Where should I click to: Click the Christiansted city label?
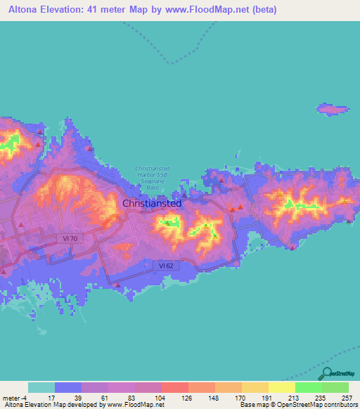point(152,203)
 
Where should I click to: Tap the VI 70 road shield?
point(70,239)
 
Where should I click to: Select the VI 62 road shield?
point(163,265)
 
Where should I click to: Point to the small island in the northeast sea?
point(333,109)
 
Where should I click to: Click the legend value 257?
point(347,397)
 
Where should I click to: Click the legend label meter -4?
point(15,397)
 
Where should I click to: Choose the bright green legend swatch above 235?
point(308,387)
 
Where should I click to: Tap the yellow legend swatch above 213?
point(281,387)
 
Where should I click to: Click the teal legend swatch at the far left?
point(41,387)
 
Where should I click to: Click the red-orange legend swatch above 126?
point(174,387)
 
